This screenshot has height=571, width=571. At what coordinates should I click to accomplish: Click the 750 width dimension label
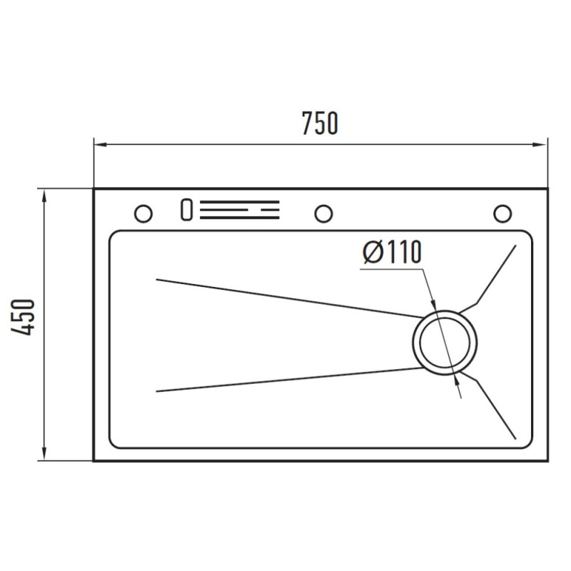point(320,123)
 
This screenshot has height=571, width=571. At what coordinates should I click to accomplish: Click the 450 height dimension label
point(23,317)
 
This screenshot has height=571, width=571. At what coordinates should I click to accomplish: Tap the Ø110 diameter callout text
point(392,252)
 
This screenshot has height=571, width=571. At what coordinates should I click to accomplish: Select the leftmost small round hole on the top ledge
point(143,213)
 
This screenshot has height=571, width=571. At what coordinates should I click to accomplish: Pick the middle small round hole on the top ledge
point(323,213)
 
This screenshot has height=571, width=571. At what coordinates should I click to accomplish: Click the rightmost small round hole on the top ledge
point(502,213)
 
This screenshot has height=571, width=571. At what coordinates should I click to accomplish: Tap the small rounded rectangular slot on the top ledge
point(186,209)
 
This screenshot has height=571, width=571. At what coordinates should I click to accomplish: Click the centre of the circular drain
point(445,343)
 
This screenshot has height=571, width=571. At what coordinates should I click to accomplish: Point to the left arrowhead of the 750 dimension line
point(100,145)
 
